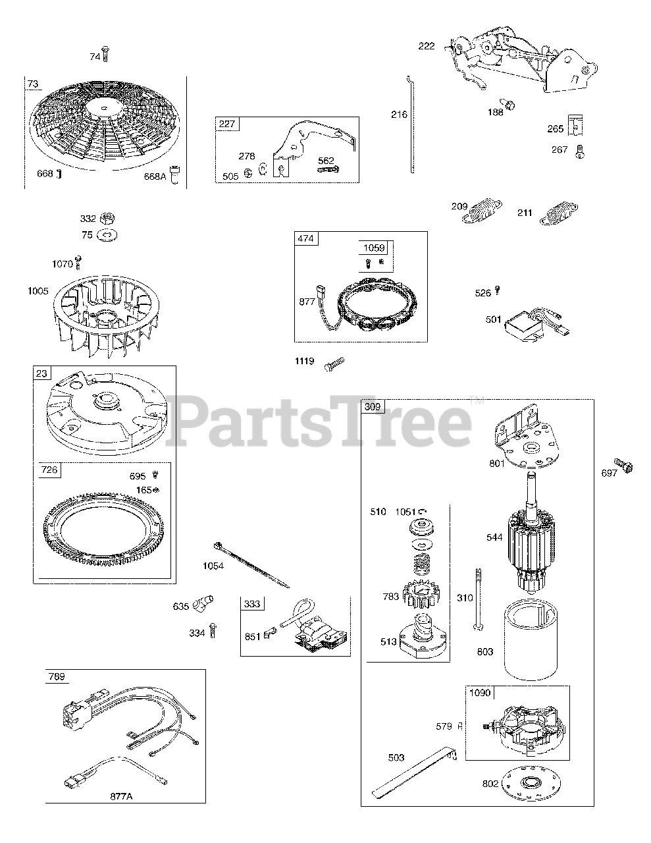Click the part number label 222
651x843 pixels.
click(426, 46)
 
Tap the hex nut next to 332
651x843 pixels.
click(107, 219)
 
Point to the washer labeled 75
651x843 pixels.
click(107, 235)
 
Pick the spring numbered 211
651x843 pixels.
click(559, 213)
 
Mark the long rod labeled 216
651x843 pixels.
click(411, 124)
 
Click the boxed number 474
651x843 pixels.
click(306, 238)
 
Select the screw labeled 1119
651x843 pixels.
click(334, 364)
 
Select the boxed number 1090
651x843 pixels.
click(480, 692)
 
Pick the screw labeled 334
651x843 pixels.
click(213, 631)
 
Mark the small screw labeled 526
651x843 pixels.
click(498, 290)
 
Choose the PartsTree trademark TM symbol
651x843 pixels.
click(477, 400)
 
